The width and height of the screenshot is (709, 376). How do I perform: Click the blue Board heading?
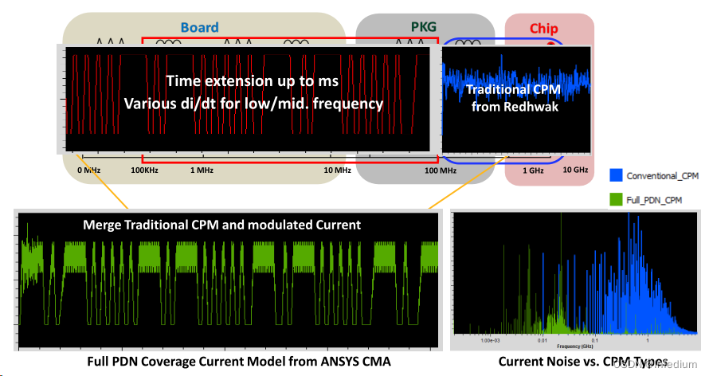[199, 27]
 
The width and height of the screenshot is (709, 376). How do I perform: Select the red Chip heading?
[544, 29]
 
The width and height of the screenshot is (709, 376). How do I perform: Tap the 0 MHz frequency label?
[89, 170]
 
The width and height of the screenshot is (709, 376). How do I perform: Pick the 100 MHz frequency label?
[441, 170]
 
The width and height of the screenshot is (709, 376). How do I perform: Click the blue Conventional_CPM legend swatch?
[615, 174]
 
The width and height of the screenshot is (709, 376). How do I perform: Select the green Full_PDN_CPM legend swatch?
[615, 198]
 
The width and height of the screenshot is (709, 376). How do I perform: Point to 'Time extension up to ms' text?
[253, 81]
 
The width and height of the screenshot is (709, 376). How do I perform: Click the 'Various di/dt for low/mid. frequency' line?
[253, 104]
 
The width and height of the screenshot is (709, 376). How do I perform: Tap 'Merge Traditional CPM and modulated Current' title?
[221, 225]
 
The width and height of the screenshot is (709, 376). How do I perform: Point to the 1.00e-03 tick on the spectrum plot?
[492, 339]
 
